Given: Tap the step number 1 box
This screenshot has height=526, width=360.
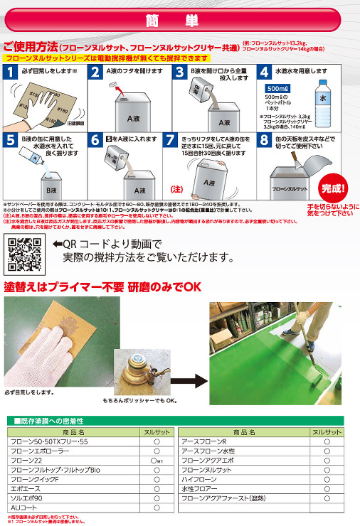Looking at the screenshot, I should tap(12, 72).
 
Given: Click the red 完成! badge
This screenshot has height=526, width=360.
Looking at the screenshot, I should tap(332, 188).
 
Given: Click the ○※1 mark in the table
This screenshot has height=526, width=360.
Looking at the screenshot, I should tap(158, 461).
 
